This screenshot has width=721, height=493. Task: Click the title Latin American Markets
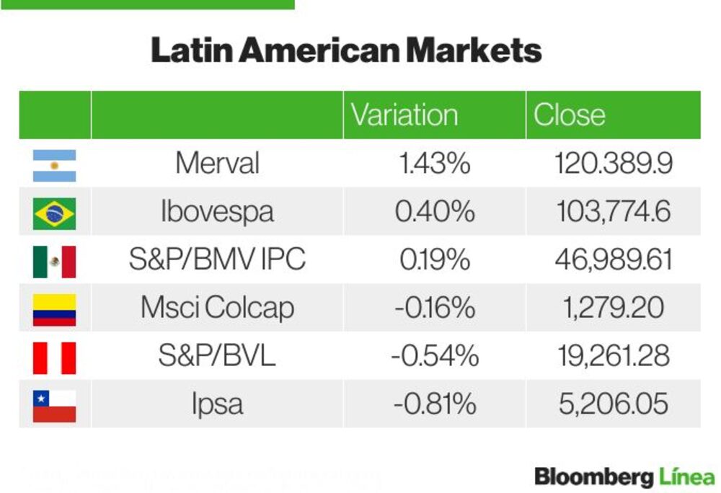(346, 50)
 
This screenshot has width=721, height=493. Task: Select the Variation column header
(404, 115)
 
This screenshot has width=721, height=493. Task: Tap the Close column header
(570, 115)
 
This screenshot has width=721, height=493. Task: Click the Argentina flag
(54, 165)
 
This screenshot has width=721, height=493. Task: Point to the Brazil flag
(54, 213)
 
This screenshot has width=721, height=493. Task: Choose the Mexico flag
(54, 262)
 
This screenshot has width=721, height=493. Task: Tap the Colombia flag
(54, 310)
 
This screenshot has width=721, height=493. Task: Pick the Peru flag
(54, 358)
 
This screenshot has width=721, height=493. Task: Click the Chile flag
(54, 407)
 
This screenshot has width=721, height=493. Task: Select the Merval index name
(218, 163)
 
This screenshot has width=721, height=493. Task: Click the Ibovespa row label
(218, 212)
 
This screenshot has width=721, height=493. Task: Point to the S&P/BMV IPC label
(218, 259)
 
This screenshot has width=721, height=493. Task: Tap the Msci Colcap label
(218, 308)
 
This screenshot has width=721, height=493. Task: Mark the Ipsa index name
(218, 404)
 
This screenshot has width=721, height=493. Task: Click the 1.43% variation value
(435, 164)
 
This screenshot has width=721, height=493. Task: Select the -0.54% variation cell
(435, 356)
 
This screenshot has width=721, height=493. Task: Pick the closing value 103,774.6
(614, 212)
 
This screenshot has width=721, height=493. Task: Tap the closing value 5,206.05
(614, 404)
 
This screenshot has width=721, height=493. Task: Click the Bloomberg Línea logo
(625, 477)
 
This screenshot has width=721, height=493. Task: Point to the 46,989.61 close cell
(614, 260)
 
